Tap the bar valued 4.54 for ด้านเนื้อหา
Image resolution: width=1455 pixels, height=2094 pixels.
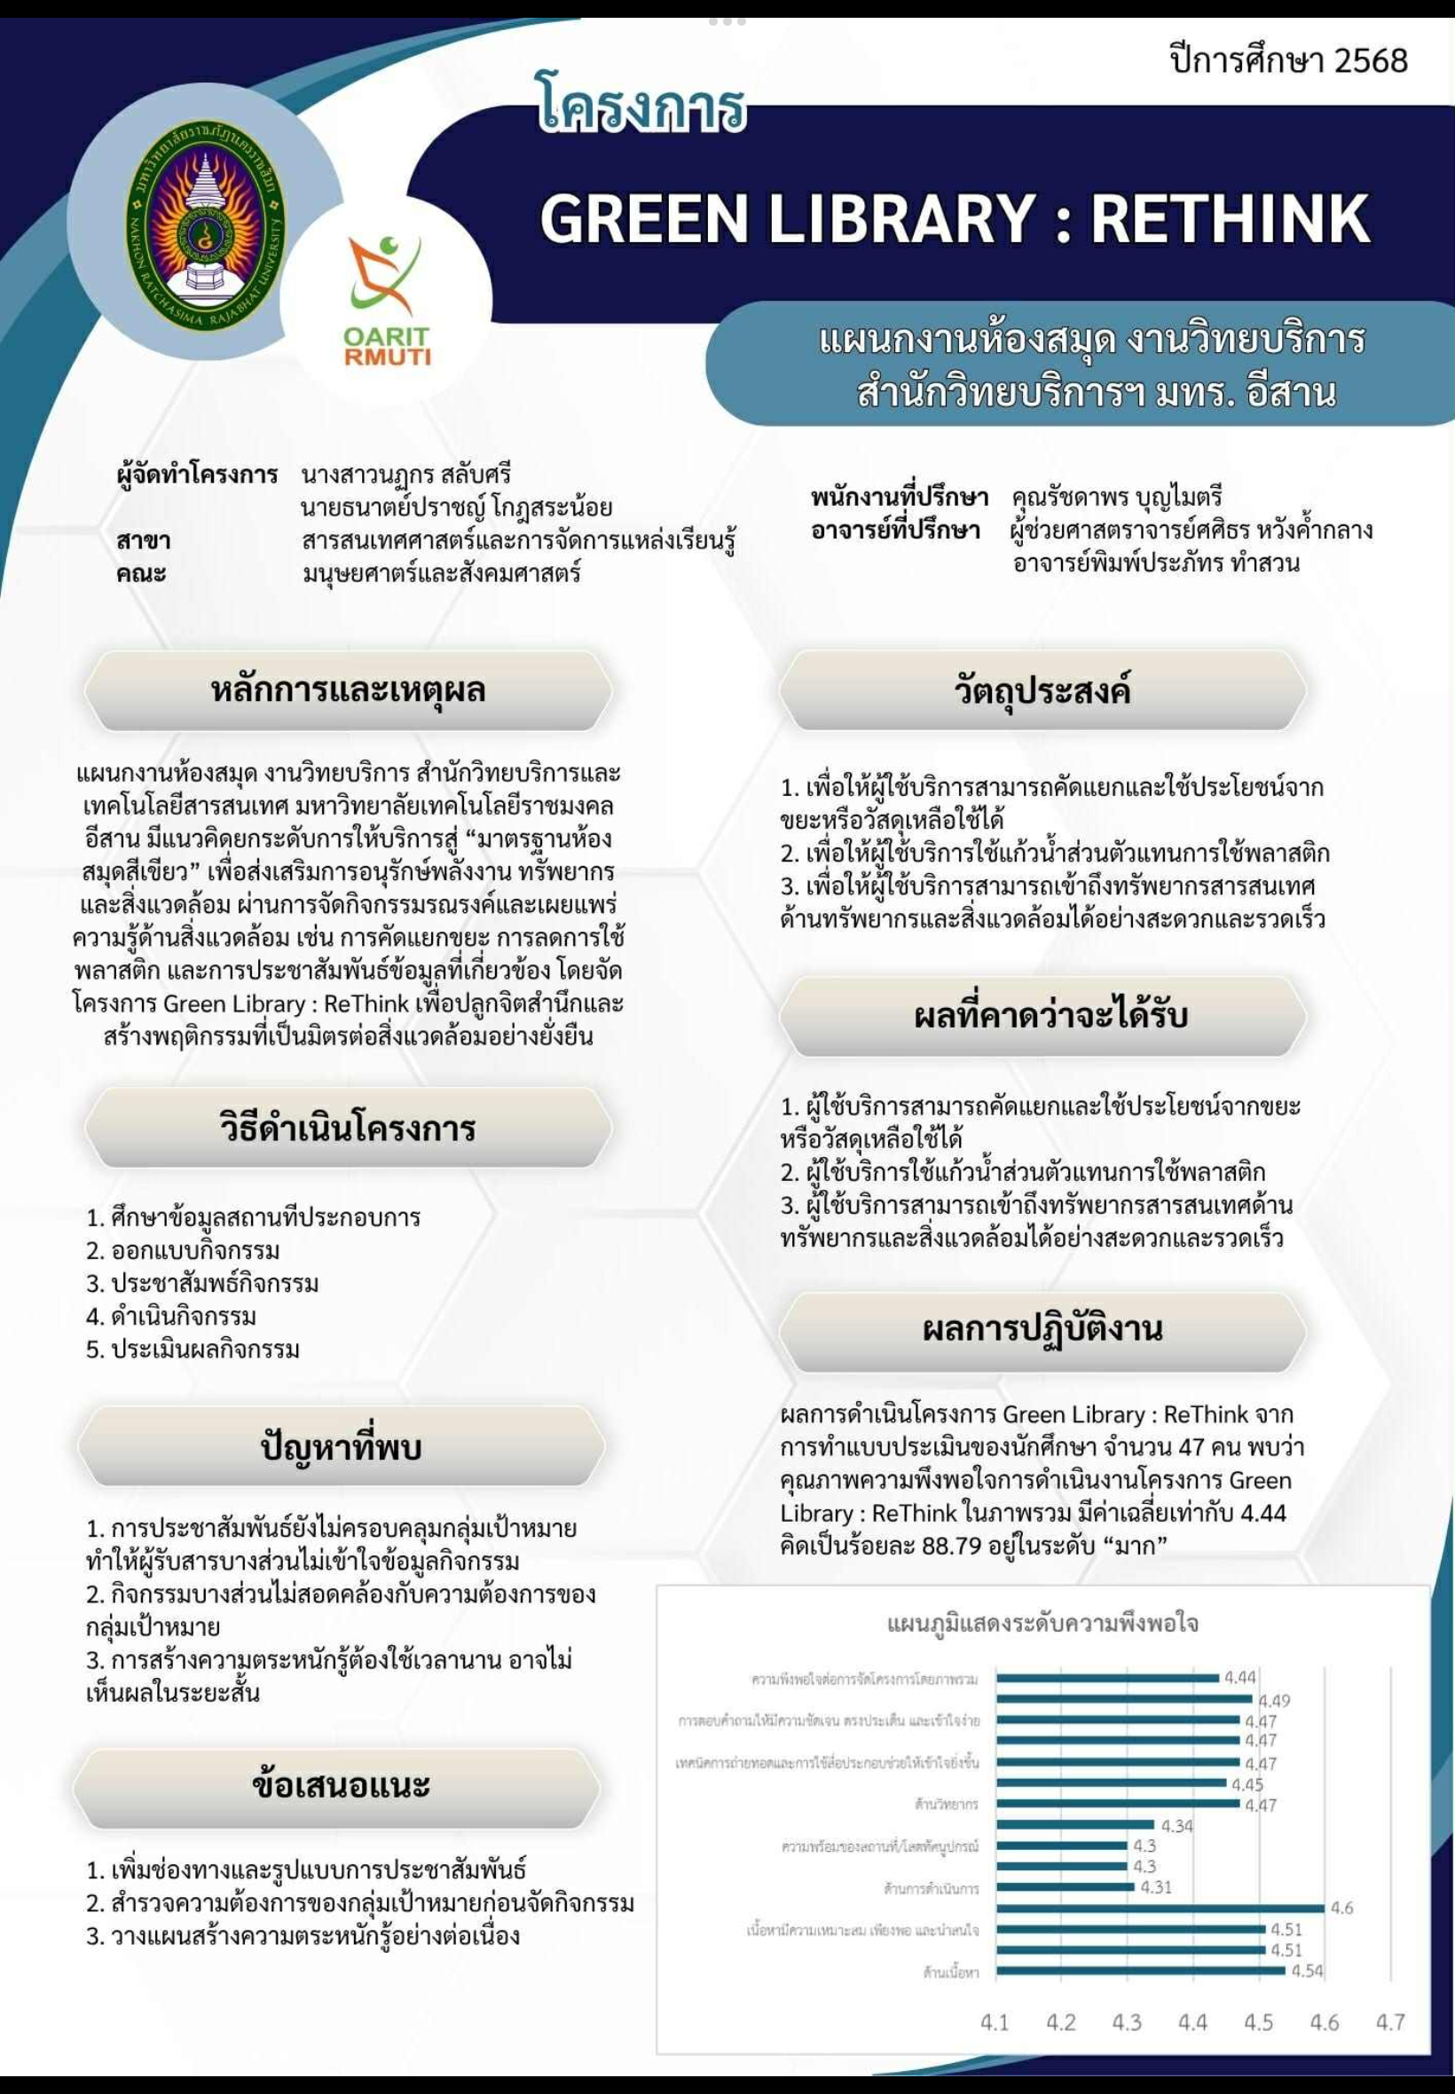(x=1139, y=1970)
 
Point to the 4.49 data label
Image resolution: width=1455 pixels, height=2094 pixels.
(x=1275, y=1700)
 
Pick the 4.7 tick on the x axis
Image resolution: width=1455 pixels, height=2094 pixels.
(x=1390, y=2023)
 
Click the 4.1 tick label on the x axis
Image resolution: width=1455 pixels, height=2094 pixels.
(x=995, y=2023)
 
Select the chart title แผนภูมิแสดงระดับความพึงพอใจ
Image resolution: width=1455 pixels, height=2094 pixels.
(x=1042, y=1624)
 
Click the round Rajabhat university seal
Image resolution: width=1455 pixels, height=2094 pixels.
(x=204, y=230)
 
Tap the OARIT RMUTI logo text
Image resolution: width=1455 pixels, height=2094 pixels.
(x=387, y=346)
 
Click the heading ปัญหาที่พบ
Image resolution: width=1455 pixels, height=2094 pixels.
(x=341, y=1448)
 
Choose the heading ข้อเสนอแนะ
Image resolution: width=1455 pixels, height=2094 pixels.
(x=340, y=1785)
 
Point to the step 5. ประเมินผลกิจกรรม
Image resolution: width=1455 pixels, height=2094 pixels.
(x=193, y=1349)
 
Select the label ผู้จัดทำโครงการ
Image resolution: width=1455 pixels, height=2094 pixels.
(x=197, y=475)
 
